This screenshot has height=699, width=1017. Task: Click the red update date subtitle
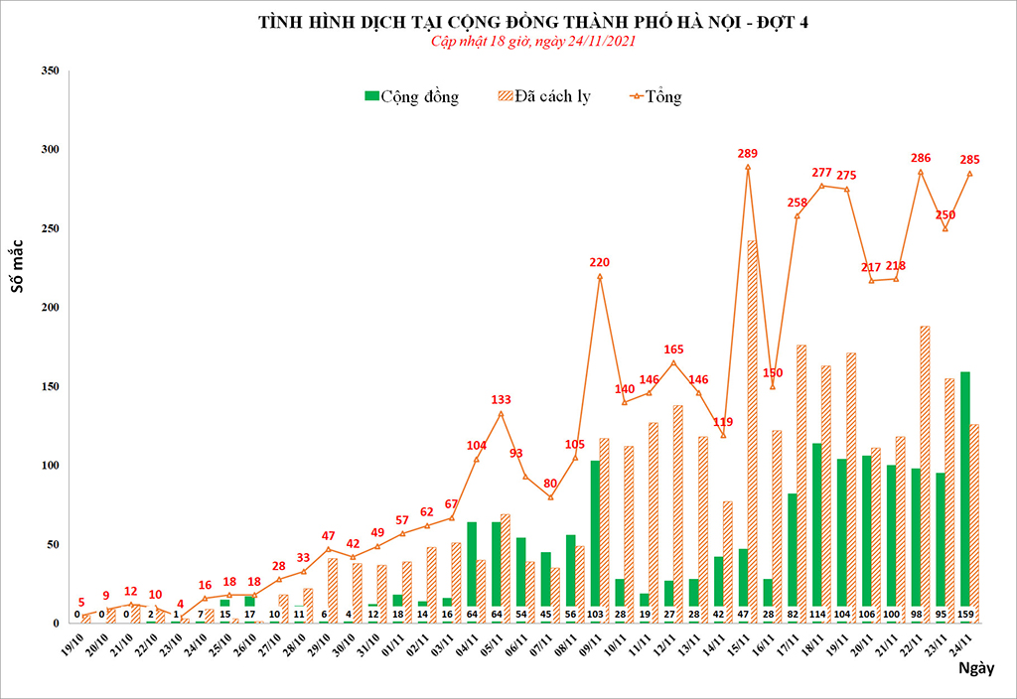(532, 42)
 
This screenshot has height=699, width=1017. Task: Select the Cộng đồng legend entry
(411, 96)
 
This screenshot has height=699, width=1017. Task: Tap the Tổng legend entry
(654, 96)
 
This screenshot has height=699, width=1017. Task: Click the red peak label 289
(748, 154)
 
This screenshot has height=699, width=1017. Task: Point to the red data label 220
(600, 263)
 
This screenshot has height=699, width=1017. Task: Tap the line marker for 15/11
(748, 167)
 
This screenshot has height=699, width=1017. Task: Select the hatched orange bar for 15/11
(754, 427)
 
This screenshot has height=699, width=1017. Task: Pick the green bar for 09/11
(595, 536)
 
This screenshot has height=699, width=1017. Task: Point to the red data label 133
(502, 400)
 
